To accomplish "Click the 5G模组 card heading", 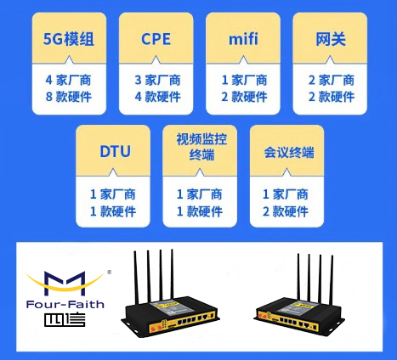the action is coord(69,39).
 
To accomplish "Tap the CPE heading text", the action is coord(156,39).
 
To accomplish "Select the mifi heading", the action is coord(243,39).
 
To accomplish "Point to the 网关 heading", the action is coord(331,39).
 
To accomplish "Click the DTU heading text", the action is coord(115,151).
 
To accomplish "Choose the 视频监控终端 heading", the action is coord(201,147).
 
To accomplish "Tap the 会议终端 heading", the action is coord(289,152).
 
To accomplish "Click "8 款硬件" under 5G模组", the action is coord(69,97).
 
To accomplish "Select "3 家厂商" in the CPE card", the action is coord(157,80).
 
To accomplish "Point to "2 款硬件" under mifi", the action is coord(244,97).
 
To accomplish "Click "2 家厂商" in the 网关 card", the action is coord(332,80).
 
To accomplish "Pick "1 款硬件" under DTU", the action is coord(113,211).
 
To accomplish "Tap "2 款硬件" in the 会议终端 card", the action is coord(286,211).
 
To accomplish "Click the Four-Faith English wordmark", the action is coord(65,305).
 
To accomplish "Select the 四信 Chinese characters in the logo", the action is coord(65,320).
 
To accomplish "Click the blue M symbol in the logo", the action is coord(65,283).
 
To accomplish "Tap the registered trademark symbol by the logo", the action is coord(110,273).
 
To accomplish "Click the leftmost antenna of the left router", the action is coord(136,278).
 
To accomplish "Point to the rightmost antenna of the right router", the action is coord(332,280).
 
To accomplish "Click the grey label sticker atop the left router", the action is coord(165,308).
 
